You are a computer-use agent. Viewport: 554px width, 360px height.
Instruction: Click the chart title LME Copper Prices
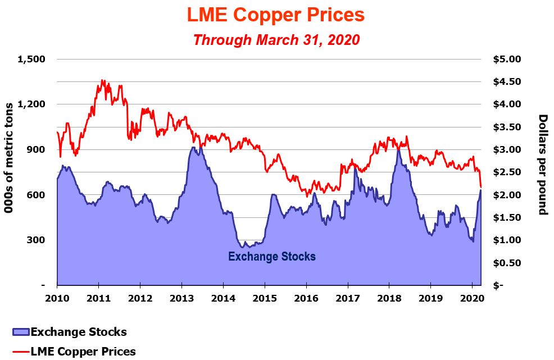pos(276,15)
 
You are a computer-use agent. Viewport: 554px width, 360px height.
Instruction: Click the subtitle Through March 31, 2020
pos(276,40)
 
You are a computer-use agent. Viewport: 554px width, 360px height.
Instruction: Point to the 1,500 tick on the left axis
pos(33,59)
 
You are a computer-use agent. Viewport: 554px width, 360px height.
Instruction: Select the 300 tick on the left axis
pos(38,240)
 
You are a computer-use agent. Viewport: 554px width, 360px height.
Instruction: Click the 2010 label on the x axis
pos(57,297)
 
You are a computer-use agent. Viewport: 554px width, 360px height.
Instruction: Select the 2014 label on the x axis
pos(223,297)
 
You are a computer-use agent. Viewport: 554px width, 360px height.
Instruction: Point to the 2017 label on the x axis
pos(348,297)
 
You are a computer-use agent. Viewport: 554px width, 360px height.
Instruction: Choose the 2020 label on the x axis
pos(472,297)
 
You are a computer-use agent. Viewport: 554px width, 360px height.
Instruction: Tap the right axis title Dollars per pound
pos(543,164)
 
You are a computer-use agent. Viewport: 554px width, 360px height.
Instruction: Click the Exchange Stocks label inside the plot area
pos(272,257)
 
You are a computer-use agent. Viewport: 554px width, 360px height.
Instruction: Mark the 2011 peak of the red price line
pos(102,80)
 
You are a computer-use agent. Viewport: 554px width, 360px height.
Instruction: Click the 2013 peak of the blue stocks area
pos(193,148)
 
